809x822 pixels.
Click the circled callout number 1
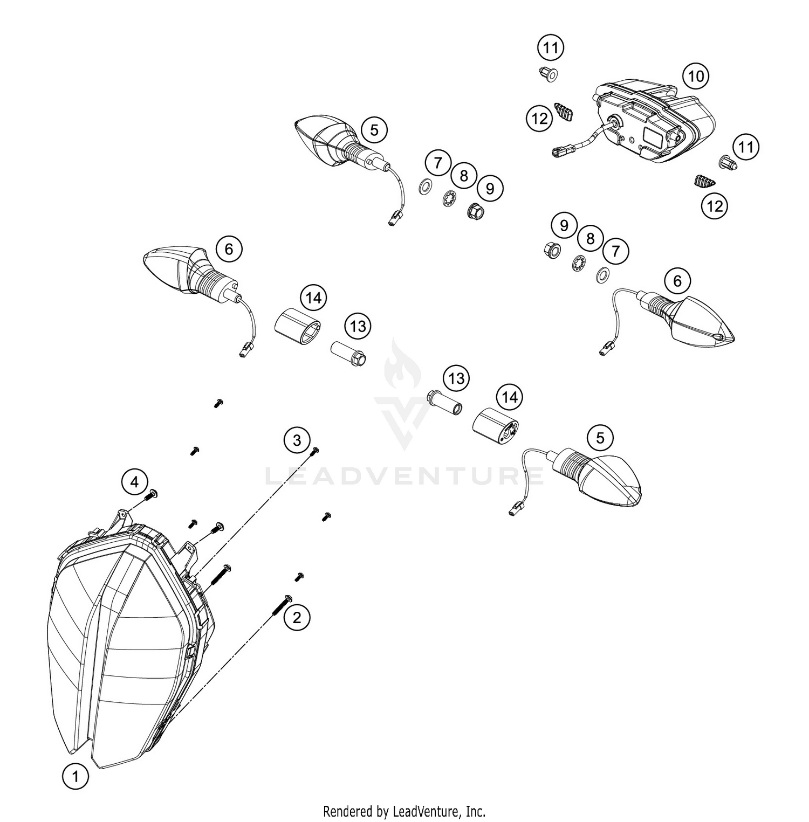tap(76, 777)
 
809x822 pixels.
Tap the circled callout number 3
tap(297, 440)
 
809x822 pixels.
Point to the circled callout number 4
tap(135, 481)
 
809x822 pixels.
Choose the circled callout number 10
tap(696, 76)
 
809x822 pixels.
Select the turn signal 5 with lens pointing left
tap(345, 143)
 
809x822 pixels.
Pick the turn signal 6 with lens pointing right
tap(674, 318)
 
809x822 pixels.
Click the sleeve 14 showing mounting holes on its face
tap(495, 426)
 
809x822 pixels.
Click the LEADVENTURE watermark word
tap(404, 476)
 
